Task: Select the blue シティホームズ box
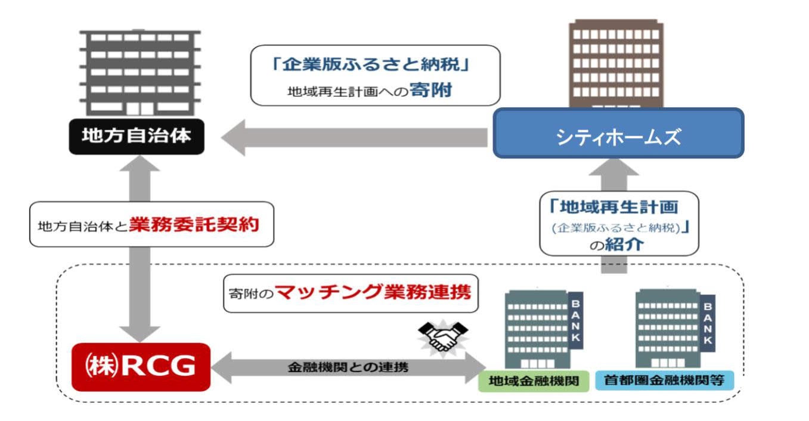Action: [618, 133]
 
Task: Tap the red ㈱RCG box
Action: [141, 367]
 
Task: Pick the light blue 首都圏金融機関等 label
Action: [664, 381]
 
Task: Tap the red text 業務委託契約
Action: [194, 225]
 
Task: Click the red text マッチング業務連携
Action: [373, 293]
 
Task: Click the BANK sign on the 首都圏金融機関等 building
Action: [708, 323]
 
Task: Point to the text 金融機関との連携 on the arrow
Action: [346, 367]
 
